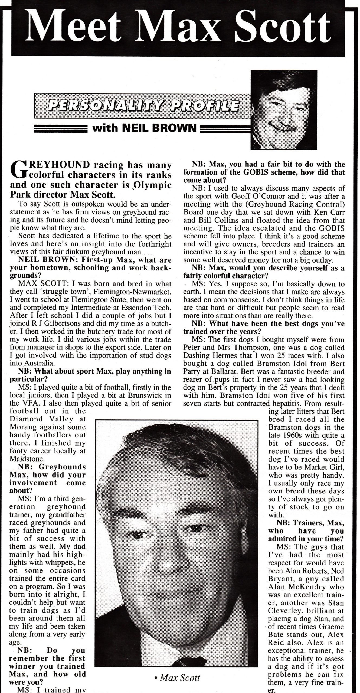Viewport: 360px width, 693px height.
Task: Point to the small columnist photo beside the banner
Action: point(283,110)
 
